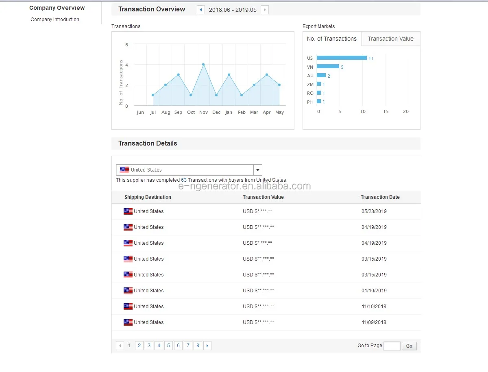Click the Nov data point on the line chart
click(x=203, y=65)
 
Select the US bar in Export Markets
click(x=342, y=58)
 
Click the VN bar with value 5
click(x=328, y=66)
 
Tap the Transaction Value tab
click(x=390, y=39)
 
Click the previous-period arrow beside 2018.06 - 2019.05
click(x=201, y=10)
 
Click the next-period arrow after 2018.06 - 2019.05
click(x=265, y=10)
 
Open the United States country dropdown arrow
click(x=258, y=170)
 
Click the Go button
click(x=409, y=346)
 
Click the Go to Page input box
click(x=392, y=346)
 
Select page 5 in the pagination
click(x=168, y=346)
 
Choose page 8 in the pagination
click(x=198, y=346)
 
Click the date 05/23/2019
click(x=374, y=211)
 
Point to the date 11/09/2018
click(x=374, y=322)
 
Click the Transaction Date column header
click(x=380, y=197)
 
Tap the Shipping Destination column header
click(x=148, y=197)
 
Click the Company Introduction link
click(x=54, y=20)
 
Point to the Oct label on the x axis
click(x=191, y=112)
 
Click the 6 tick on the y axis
click(x=126, y=45)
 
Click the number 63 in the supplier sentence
click(x=184, y=180)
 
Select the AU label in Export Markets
click(x=310, y=76)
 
